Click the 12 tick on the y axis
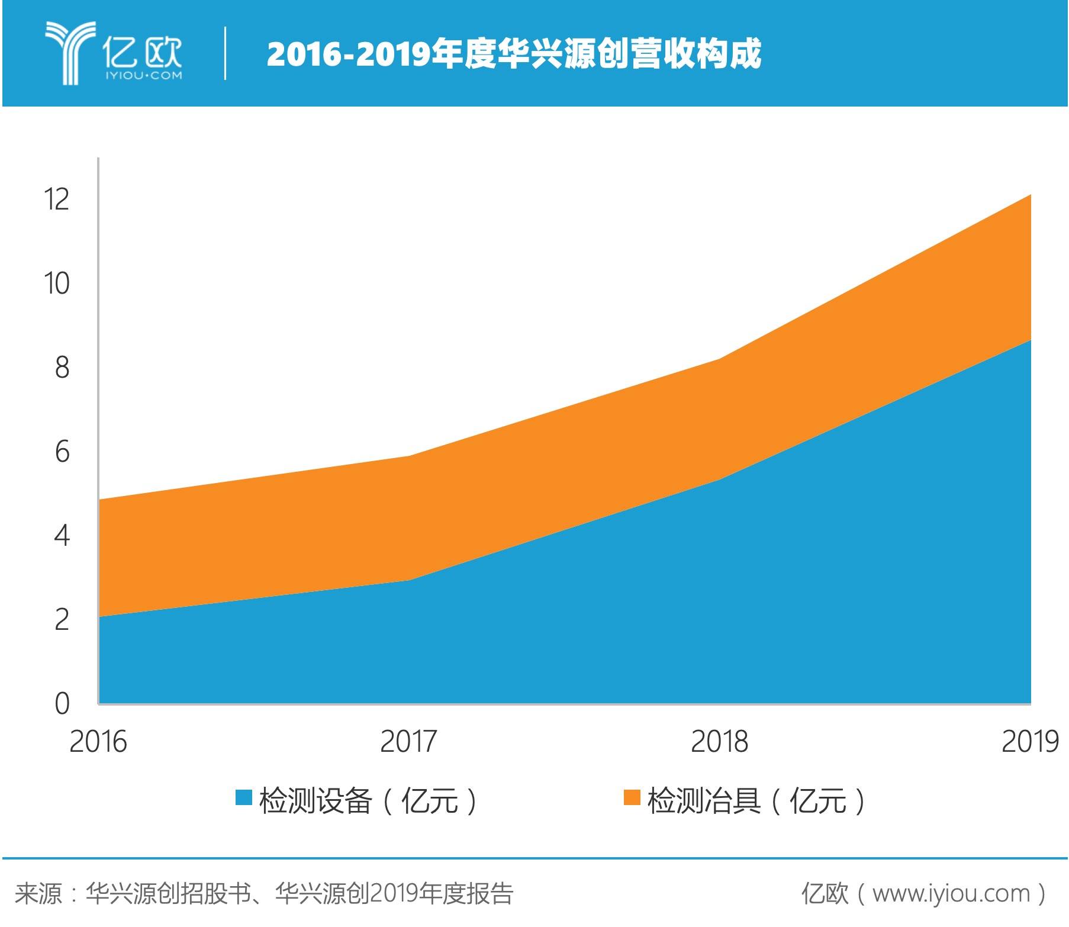click(57, 199)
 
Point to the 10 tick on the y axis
click(57, 283)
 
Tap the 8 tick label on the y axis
click(62, 367)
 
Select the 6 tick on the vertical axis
click(62, 452)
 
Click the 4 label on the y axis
click(62, 536)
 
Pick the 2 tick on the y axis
click(62, 620)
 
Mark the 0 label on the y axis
click(62, 704)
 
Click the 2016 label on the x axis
click(98, 741)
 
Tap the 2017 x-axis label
click(408, 741)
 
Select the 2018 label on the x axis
click(719, 741)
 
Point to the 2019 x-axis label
click(1029, 741)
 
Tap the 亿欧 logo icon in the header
click(70, 52)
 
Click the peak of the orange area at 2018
click(719, 359)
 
